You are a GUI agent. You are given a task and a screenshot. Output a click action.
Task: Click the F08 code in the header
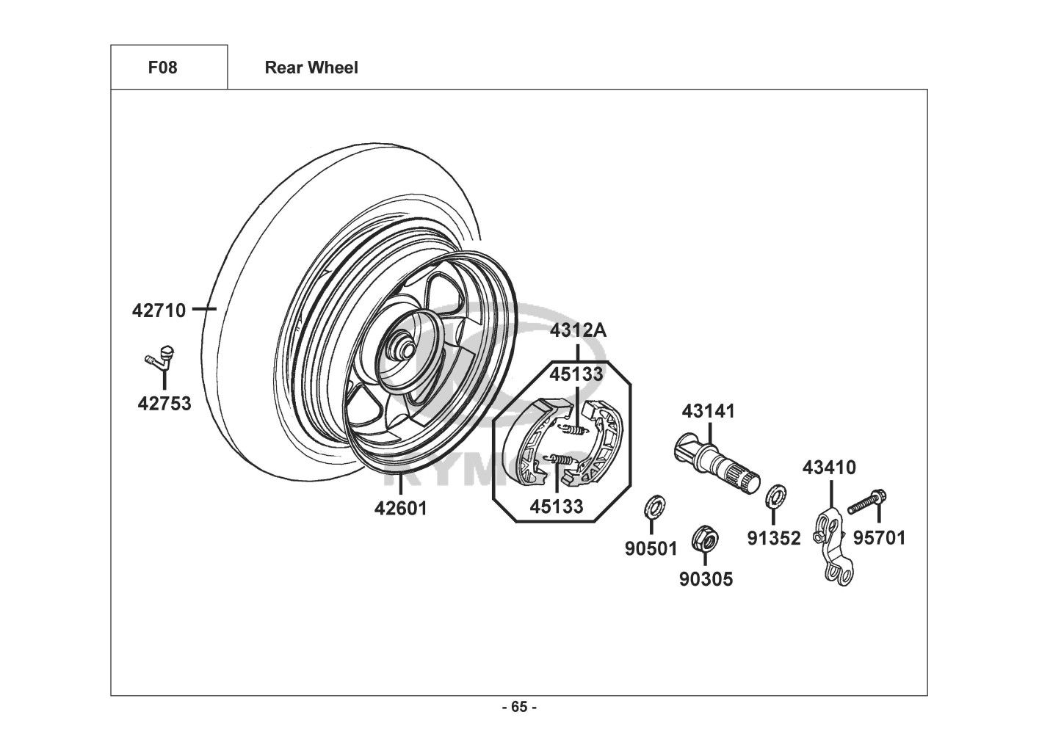pos(162,68)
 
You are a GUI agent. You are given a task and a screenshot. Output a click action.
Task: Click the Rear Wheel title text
pos(311,68)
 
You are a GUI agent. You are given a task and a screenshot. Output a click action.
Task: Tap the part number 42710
pos(159,310)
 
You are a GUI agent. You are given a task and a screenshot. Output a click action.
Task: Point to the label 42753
pos(164,403)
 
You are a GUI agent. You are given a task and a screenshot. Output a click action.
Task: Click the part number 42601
pos(401,508)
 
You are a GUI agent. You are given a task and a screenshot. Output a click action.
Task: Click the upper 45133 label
pos(577,374)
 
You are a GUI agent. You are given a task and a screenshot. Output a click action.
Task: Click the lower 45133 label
pos(557,506)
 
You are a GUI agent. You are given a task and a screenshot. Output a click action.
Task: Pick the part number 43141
pos(708,411)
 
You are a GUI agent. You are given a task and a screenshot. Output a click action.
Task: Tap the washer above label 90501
pos(651,506)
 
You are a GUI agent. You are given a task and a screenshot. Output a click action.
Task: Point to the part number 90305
pos(706,580)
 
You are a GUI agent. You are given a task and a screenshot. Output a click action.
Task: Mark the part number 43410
pos(829,468)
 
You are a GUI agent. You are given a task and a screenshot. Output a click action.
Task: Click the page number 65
pos(519,708)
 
